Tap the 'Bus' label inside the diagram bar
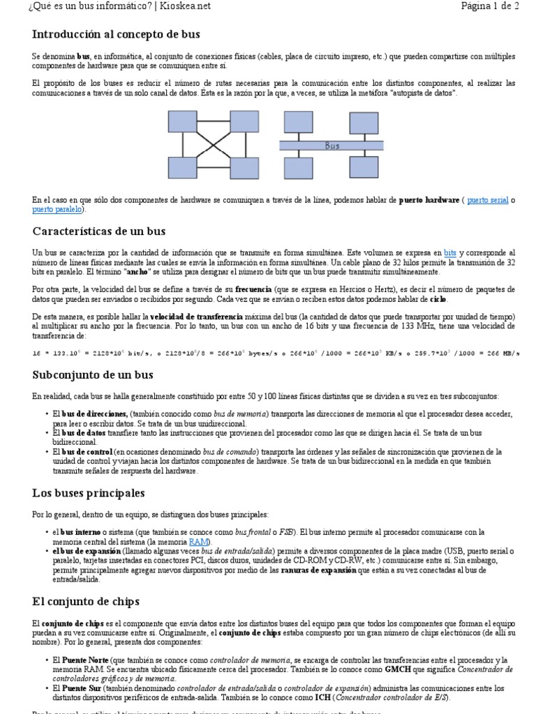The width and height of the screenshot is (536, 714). coord(332,146)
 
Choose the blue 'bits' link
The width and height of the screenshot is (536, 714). coord(450,252)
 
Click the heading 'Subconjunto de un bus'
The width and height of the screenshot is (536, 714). coord(93,374)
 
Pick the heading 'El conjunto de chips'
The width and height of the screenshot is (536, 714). coord(86,600)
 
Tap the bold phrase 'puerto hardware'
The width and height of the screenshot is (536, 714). coord(429,200)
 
